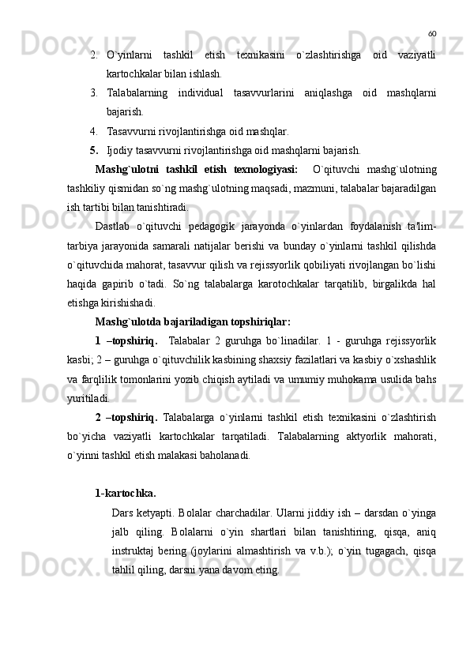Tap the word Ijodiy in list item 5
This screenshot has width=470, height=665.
pyautogui.click(x=120, y=150)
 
